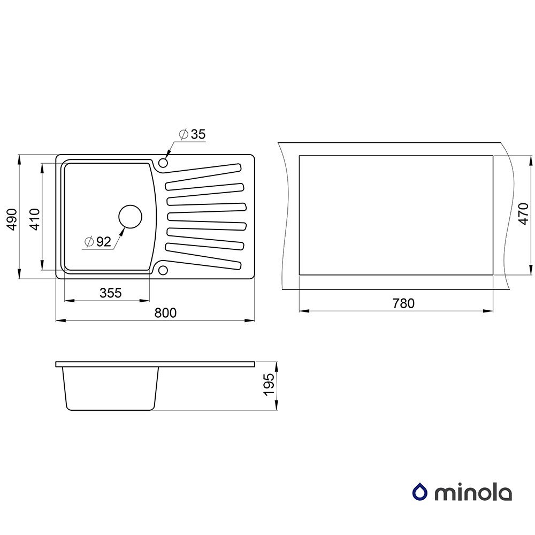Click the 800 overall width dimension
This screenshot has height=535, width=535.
coord(165,313)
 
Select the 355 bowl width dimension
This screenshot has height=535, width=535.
coord(111,293)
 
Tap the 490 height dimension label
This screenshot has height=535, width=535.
coord(12,219)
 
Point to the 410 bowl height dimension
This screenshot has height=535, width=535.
coord(35,219)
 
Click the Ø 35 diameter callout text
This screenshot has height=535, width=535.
coord(193,134)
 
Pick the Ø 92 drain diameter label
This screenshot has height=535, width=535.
coord(98,242)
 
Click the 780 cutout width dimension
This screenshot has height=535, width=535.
coord(403,303)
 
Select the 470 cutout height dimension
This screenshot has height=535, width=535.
coord(524,213)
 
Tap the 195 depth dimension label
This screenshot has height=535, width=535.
coord(270,385)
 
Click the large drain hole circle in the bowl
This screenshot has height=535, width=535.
coord(130,217)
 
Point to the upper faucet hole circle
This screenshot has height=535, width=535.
coord(163,163)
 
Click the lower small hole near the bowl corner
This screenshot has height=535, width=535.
coord(163,271)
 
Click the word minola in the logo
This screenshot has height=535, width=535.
coord(473,492)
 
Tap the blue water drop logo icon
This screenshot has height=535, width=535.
coord(419,492)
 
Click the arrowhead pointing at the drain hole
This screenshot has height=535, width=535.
coord(122,232)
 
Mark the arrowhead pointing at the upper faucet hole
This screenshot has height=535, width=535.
coord(169,155)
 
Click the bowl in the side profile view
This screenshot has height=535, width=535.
coord(111,388)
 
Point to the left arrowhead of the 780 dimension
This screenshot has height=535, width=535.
coord(304,311)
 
